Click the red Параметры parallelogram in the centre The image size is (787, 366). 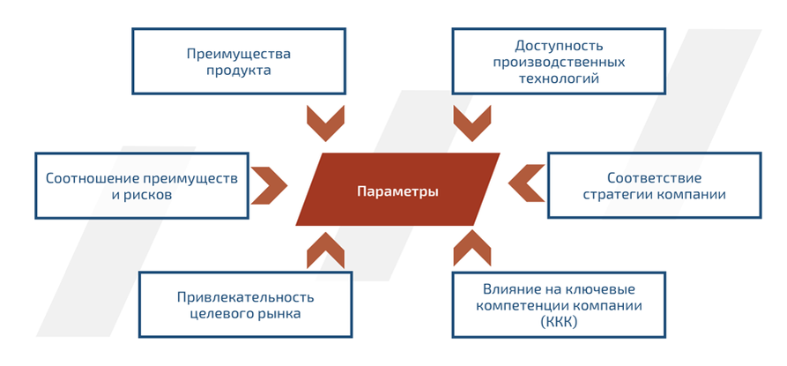point(397,190)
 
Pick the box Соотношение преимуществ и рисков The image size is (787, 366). point(141,185)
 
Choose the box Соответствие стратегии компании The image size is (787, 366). point(654,185)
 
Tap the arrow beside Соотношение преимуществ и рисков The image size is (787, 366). point(270,183)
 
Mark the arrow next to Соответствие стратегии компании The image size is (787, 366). point(526,183)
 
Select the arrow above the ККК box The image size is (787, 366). point(471,250)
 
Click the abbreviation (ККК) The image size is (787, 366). point(558,322)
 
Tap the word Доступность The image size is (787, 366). point(558,45)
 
